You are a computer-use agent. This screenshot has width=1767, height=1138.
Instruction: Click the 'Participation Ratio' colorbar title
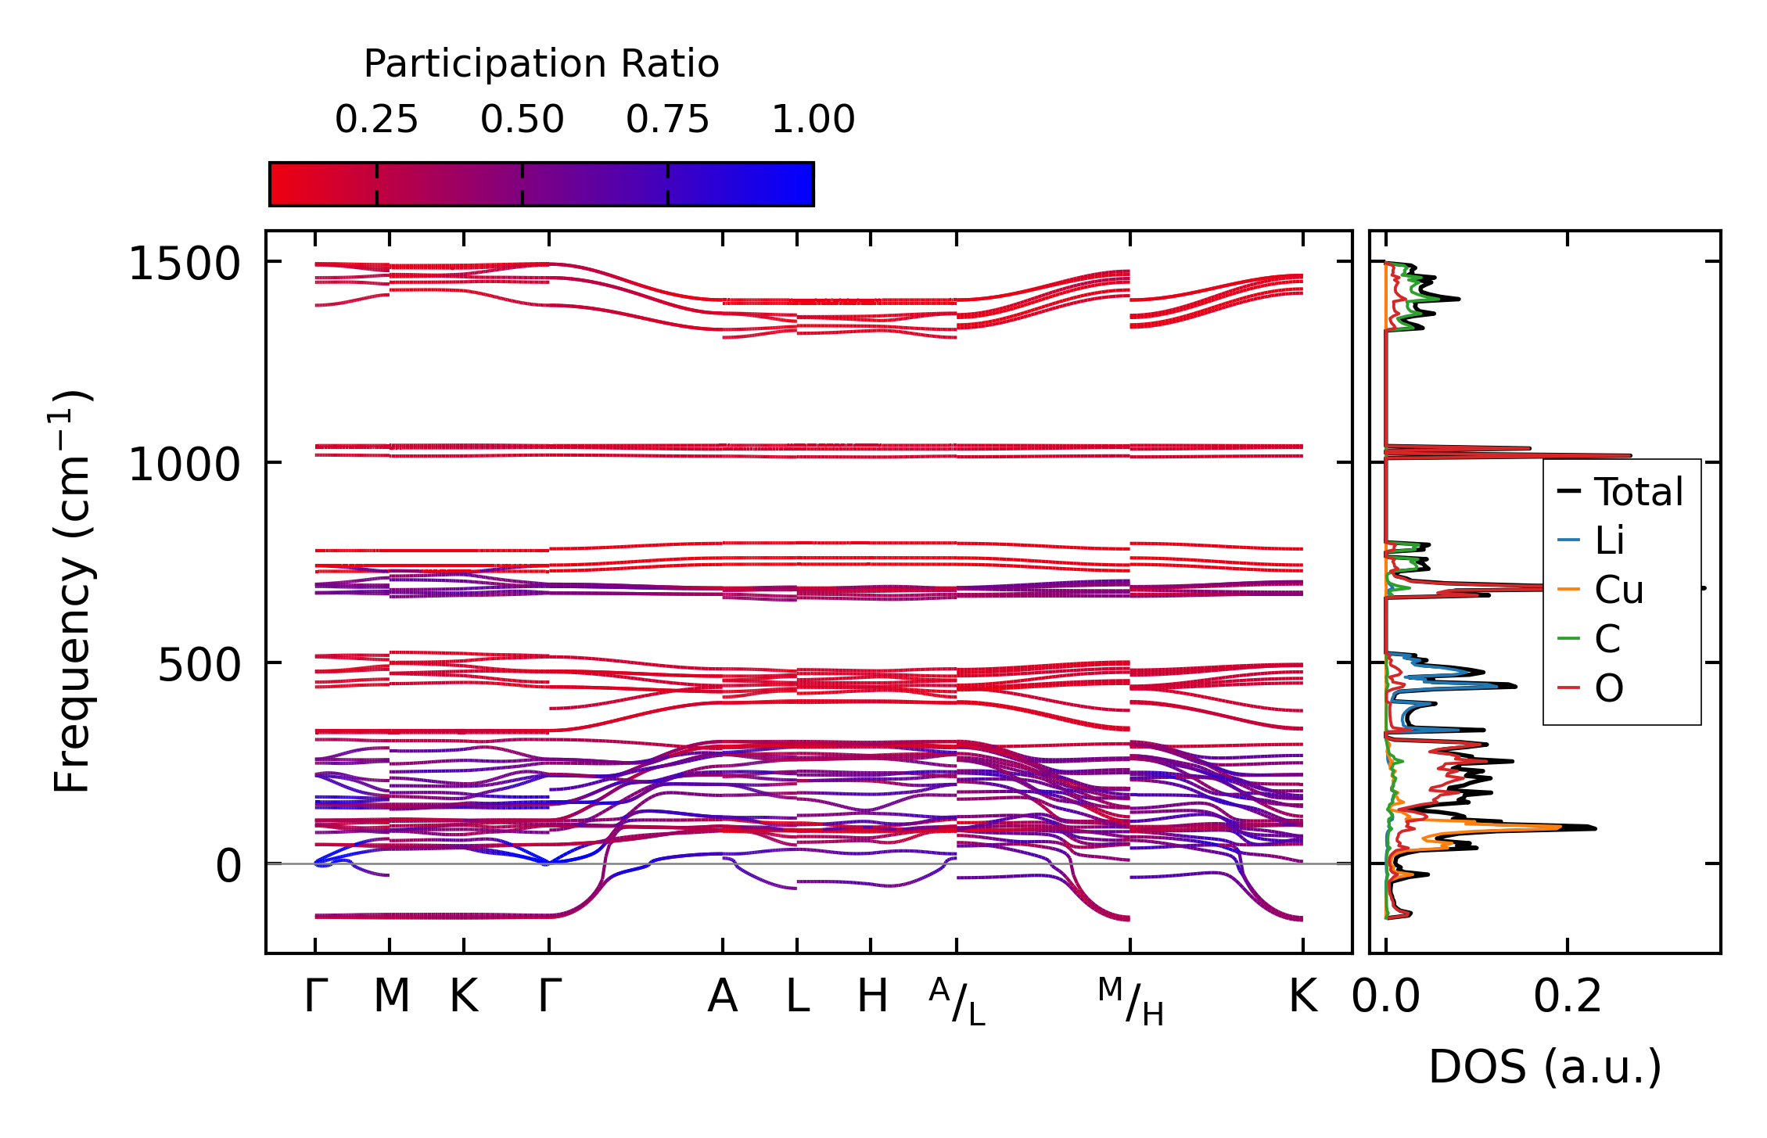click(541, 64)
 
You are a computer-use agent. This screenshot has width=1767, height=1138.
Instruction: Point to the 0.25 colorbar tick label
click(376, 120)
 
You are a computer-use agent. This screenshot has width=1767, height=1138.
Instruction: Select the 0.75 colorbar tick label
click(667, 120)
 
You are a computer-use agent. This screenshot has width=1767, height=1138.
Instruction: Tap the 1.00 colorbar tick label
click(813, 120)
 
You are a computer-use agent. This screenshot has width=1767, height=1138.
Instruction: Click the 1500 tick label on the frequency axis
click(184, 264)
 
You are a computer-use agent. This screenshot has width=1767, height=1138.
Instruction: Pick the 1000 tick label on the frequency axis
click(184, 465)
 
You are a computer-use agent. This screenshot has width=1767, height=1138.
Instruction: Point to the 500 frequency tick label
click(199, 666)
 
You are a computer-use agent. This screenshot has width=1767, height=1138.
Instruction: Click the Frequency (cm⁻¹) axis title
click(72, 591)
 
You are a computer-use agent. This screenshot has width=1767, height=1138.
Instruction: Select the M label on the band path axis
click(391, 996)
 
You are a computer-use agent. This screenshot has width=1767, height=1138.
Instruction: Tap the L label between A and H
click(797, 996)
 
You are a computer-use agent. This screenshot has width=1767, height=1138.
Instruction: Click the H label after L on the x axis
click(872, 996)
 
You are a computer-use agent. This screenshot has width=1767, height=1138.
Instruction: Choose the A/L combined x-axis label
click(957, 1002)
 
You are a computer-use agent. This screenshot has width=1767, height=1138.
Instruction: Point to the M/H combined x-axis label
click(1130, 1002)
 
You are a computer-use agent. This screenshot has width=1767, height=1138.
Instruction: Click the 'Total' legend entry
click(1638, 492)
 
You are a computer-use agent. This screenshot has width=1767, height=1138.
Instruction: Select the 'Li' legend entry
click(1609, 540)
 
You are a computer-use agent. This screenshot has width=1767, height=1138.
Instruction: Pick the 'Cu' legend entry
click(1618, 590)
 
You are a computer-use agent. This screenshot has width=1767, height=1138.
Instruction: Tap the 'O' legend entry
click(1608, 688)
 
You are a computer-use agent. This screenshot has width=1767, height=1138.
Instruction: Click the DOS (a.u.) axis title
click(1545, 1067)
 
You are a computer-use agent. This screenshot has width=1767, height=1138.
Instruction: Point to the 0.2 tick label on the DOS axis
click(1568, 996)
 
